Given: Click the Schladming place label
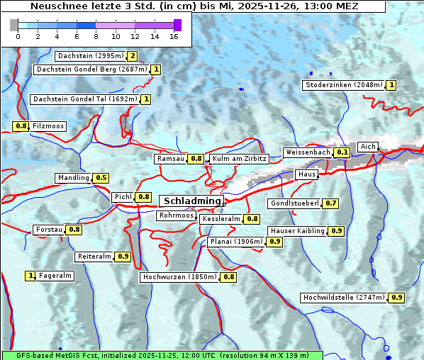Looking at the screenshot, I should coord(192,201).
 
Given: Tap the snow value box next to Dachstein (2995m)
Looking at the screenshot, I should coord(132,56).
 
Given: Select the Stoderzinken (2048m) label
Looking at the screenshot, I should coord(344,85).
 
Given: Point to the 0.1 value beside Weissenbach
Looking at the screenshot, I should coord(342,152).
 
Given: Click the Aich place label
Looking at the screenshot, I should coord(368,147).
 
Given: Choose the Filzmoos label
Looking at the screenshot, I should coord(48,126).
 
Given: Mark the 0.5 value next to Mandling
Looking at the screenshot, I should coord(101,178).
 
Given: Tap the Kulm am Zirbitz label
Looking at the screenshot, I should coord(239,159).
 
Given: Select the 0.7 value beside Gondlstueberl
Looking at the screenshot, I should coord(330,203).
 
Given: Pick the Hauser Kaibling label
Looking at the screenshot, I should coord(297,231).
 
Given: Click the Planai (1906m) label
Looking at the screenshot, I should coord(237,242).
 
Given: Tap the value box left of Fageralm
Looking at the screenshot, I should coord(30,276).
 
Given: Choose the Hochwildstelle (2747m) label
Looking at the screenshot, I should coord(344,298).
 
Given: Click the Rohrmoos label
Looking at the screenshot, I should coord(176,215).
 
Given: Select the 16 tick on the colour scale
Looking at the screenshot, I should coord(174,36).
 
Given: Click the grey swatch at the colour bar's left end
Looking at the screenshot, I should coord(14,25).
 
